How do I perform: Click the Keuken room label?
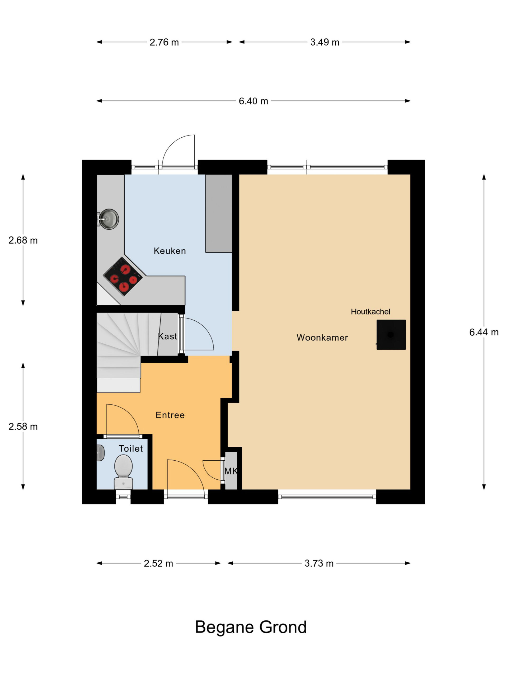170,251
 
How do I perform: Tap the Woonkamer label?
322,337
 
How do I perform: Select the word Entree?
170,415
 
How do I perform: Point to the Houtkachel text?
370,312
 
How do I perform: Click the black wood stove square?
391,335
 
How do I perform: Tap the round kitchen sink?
109,219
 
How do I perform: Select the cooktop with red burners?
123,277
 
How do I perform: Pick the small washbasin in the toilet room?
100,453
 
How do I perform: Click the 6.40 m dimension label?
253,101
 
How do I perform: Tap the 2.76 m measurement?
164,42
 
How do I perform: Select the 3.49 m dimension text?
325,42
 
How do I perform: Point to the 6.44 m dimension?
484,332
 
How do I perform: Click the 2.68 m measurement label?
23,240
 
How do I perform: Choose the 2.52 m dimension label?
158,563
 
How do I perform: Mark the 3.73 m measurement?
319,563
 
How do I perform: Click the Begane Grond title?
251,627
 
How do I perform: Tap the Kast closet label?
167,336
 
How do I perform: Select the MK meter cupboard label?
231,471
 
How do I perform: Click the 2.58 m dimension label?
23,427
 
